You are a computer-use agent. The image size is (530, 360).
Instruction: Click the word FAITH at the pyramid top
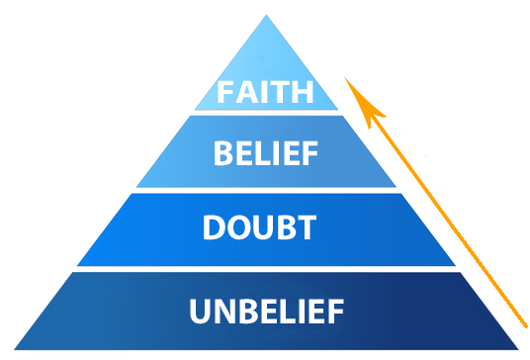pyautogui.click(x=266, y=94)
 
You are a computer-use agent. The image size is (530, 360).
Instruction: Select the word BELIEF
pyautogui.click(x=266, y=153)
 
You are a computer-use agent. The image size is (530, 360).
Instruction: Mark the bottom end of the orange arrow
pyautogui.click(x=521, y=323)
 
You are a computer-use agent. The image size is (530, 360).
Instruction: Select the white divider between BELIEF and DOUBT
pyautogui.click(x=266, y=190)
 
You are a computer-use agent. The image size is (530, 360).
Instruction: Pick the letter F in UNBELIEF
pyautogui.click(x=334, y=312)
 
